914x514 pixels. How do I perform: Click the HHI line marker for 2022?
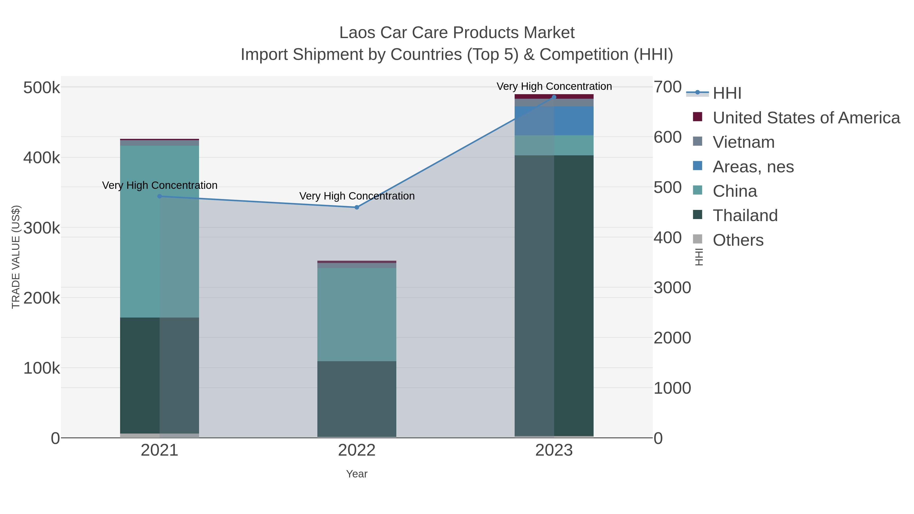coord(357,207)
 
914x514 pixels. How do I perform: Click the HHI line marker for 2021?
coord(159,196)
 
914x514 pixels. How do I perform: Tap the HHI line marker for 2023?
coord(554,97)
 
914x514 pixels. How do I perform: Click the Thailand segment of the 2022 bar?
coord(357,399)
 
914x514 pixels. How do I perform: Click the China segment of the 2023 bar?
coord(554,145)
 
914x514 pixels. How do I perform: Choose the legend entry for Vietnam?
coord(744,142)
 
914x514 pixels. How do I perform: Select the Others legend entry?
coord(738,240)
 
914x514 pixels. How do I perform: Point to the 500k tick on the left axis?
coord(42,88)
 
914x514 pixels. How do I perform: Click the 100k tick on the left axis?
coord(42,368)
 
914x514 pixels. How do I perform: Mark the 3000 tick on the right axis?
coord(672,288)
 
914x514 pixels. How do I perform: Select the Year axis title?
coord(357,474)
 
